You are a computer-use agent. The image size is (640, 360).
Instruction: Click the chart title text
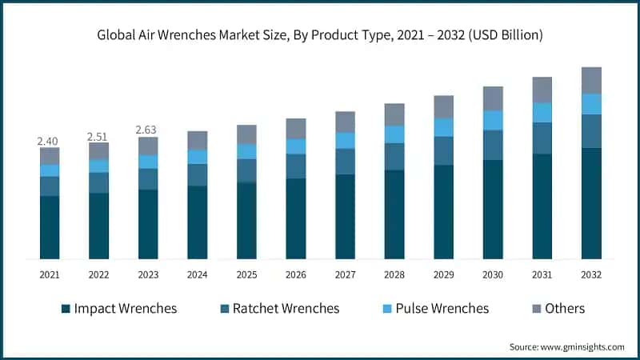click(x=320, y=35)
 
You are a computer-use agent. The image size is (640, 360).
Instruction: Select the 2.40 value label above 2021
click(x=49, y=141)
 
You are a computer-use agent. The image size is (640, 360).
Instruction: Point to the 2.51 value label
click(x=98, y=136)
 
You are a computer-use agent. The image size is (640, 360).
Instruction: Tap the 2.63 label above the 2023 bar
click(x=147, y=130)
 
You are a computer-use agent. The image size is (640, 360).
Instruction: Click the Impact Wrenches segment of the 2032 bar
click(x=591, y=203)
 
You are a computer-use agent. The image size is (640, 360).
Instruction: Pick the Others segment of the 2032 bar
click(x=591, y=80)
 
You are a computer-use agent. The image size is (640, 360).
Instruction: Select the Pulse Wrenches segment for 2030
click(x=493, y=120)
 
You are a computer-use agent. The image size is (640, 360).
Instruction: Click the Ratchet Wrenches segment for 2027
click(x=345, y=161)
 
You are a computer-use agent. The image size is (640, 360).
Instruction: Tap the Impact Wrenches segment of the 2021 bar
click(x=49, y=227)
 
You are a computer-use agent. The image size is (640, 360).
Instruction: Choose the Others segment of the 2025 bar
click(x=246, y=134)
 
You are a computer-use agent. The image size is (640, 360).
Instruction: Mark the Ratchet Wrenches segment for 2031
click(x=542, y=138)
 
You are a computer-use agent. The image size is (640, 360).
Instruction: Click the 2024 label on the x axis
click(x=197, y=274)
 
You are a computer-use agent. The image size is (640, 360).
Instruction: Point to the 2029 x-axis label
click(x=443, y=274)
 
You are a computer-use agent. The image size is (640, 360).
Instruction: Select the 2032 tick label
click(x=591, y=274)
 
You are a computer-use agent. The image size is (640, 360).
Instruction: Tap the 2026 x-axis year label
click(x=295, y=274)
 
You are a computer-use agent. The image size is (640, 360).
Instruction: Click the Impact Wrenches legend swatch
click(x=65, y=309)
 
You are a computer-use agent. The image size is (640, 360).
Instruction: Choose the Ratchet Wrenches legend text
click(x=286, y=308)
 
